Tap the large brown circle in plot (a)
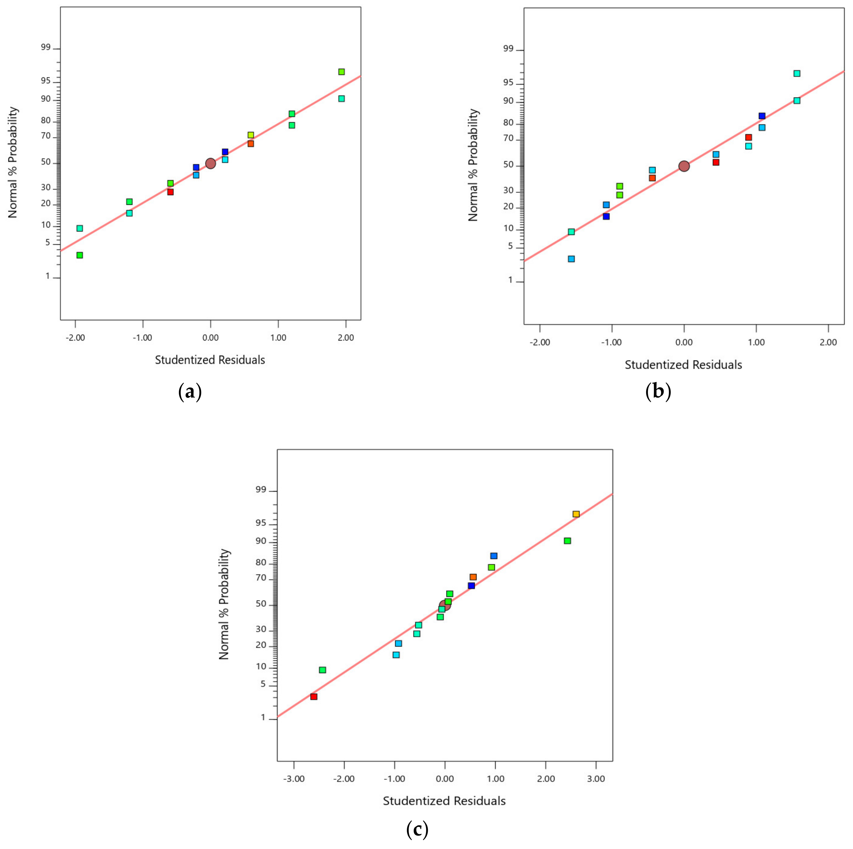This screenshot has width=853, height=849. point(211,163)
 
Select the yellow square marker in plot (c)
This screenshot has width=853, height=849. point(576,514)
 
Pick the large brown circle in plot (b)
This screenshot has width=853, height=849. point(684,166)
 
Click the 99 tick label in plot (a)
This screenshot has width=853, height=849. point(46,48)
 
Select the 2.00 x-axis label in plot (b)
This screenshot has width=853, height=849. point(828,342)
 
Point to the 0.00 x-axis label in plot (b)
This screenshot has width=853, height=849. point(684,342)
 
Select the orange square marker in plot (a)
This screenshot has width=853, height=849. point(251,144)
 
